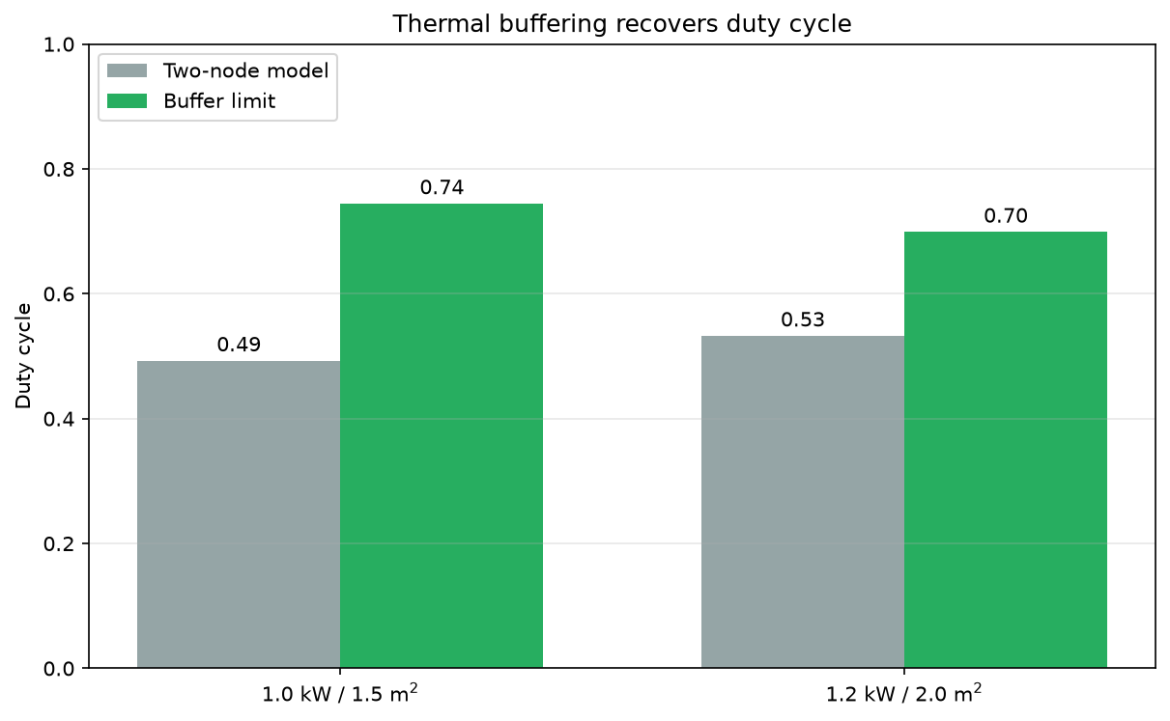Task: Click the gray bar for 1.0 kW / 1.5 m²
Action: (239, 514)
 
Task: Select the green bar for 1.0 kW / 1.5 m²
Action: (442, 435)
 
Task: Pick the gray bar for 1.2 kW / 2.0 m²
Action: (803, 502)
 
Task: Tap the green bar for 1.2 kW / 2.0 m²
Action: (1006, 450)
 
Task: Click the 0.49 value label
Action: (239, 345)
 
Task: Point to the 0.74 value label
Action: (442, 187)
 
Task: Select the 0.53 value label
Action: (803, 319)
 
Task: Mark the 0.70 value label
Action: (1006, 215)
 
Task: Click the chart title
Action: (622, 24)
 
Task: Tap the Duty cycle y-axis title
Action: (23, 356)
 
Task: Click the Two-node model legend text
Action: (246, 70)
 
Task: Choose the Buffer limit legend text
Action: (219, 100)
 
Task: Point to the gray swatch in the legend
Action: (127, 70)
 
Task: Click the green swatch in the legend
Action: (127, 100)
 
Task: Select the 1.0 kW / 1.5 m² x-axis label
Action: (340, 693)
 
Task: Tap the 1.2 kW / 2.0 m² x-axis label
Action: (904, 693)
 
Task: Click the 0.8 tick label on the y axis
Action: (59, 170)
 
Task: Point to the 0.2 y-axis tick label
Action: (59, 544)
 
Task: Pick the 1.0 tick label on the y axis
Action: (59, 44)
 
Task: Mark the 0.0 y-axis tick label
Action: (59, 669)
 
